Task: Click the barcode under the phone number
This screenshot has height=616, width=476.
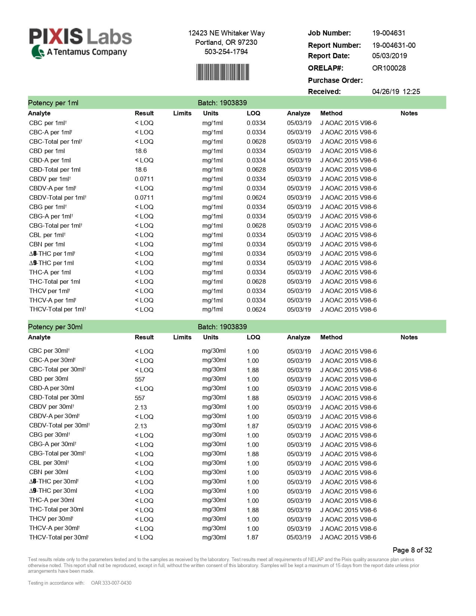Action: pos(223,72)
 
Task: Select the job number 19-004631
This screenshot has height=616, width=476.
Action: pos(389,33)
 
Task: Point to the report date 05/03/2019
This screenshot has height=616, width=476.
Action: pos(389,56)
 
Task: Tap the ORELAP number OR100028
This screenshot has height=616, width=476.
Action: pos(389,68)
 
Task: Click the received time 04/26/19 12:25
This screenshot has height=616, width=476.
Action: pos(396,91)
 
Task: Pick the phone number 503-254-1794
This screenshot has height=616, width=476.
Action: pos(226,52)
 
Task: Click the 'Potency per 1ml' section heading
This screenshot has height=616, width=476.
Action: pos(53,103)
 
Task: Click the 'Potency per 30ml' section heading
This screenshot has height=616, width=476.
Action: pos(55,327)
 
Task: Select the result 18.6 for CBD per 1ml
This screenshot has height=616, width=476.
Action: pos(141,151)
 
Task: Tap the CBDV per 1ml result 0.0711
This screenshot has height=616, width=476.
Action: pos(144,179)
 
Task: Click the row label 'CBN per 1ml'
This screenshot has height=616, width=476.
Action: pos(47,244)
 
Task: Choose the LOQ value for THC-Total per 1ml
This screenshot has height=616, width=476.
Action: pos(256,281)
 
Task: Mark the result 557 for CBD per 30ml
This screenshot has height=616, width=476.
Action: pos(140,379)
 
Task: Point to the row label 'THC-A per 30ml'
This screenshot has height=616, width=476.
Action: pos(52,500)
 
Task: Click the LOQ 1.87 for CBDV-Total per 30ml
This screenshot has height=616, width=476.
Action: pos(253,426)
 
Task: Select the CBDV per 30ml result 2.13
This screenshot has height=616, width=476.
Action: pos(141,407)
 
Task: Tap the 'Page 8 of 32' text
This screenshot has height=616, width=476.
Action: pos(412,550)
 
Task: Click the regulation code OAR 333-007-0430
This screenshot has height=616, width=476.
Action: pos(111,583)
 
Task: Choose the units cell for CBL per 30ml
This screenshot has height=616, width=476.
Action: pos(214,463)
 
